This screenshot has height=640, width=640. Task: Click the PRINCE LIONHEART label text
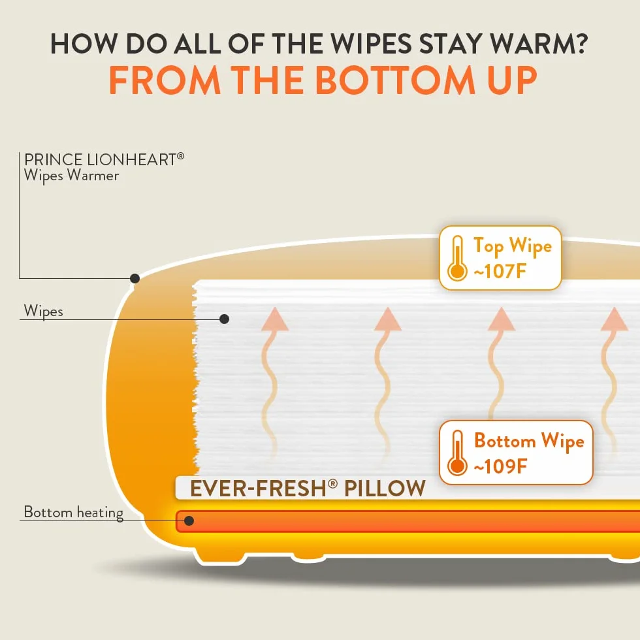click(104, 159)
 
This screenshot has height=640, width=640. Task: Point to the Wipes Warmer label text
click(71, 176)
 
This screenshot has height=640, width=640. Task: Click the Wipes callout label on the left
click(43, 311)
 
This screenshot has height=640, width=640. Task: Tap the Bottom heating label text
click(73, 513)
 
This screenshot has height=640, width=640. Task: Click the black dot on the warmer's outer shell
click(135, 278)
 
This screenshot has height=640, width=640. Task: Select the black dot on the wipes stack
click(224, 319)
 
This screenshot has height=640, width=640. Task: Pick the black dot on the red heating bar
click(189, 521)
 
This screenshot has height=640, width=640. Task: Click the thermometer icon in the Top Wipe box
click(457, 259)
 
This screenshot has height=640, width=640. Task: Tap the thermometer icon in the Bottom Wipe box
click(457, 453)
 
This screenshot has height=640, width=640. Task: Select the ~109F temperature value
click(500, 466)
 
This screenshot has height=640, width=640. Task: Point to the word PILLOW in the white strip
click(385, 488)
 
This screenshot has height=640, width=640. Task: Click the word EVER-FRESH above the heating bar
click(259, 488)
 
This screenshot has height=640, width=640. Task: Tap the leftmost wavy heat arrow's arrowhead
click(275, 319)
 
